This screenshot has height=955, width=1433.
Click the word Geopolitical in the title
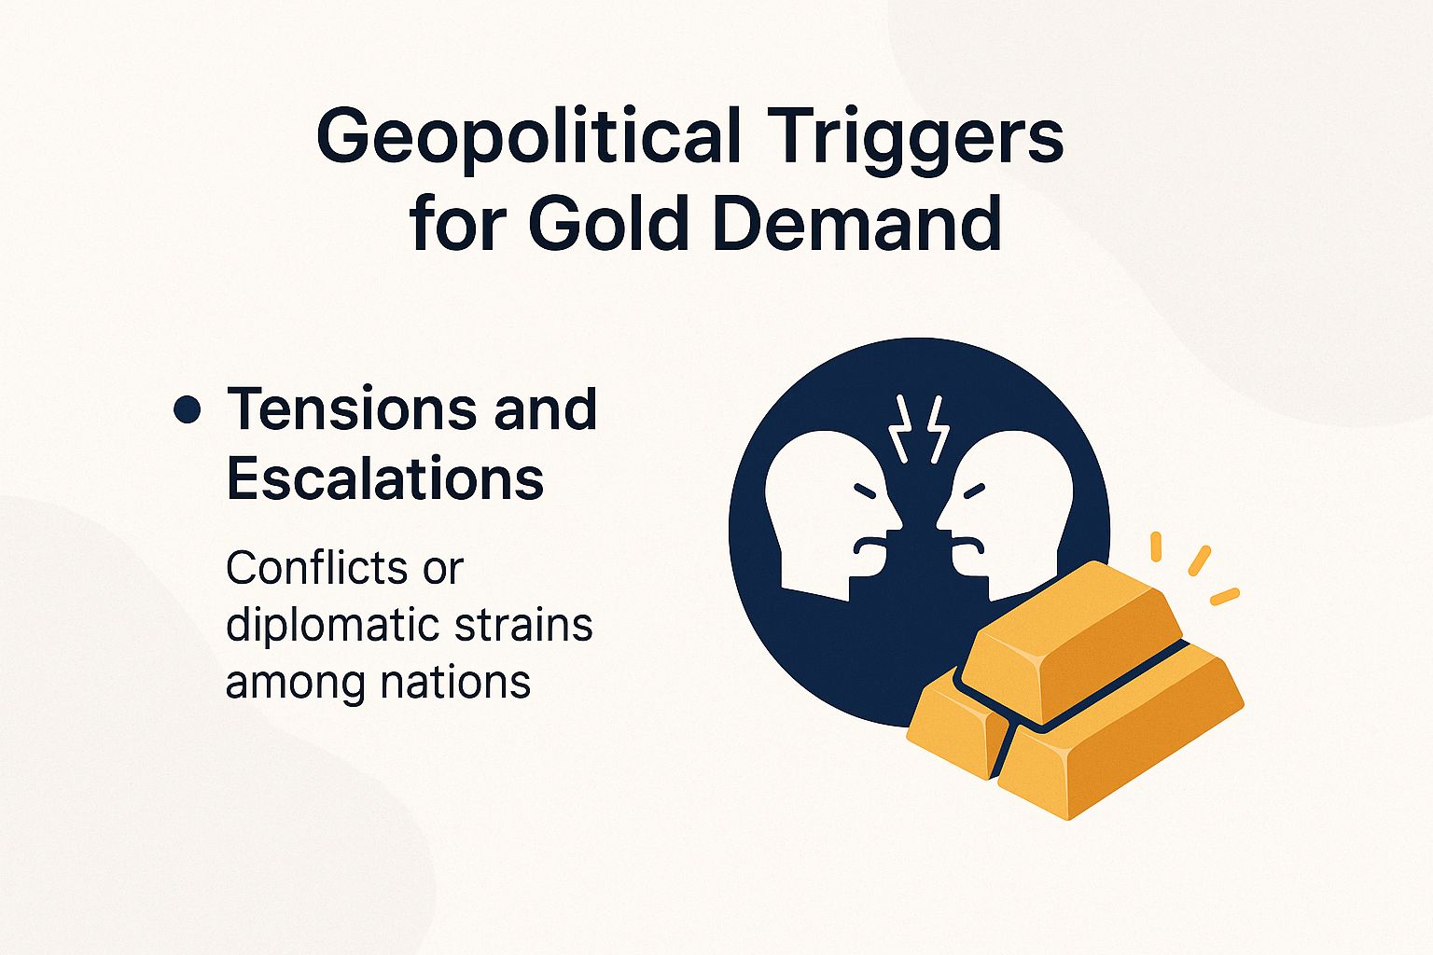coord(529,137)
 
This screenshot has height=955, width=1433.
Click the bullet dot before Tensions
coord(188,410)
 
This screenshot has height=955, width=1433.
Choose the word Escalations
coord(385,478)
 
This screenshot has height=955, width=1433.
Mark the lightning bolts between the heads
coord(918,428)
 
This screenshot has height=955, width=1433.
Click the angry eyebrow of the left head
coord(866,491)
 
